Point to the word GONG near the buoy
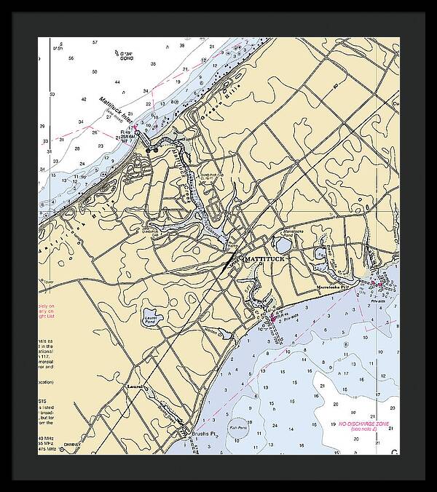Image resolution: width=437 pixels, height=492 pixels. (x=130, y=60)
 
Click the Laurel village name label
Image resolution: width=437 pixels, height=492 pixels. (x=135, y=386)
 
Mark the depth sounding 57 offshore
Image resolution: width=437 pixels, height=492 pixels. (x=95, y=43)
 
